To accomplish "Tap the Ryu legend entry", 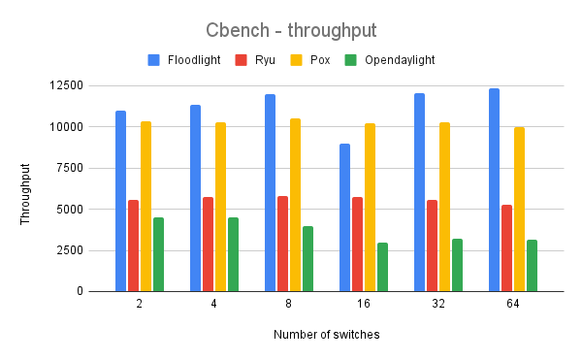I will pyautogui.click(x=257, y=60).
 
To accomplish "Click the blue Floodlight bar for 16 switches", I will pyautogui.click(x=344, y=217).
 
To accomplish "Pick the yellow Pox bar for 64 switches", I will pyautogui.click(x=519, y=209).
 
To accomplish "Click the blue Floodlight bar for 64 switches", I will pyautogui.click(x=494, y=190).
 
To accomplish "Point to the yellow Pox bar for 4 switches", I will pyautogui.click(x=220, y=207).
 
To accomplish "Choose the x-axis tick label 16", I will pyautogui.click(x=363, y=305).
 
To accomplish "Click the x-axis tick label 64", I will pyautogui.click(x=512, y=305).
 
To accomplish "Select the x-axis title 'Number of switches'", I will pyautogui.click(x=326, y=335).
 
